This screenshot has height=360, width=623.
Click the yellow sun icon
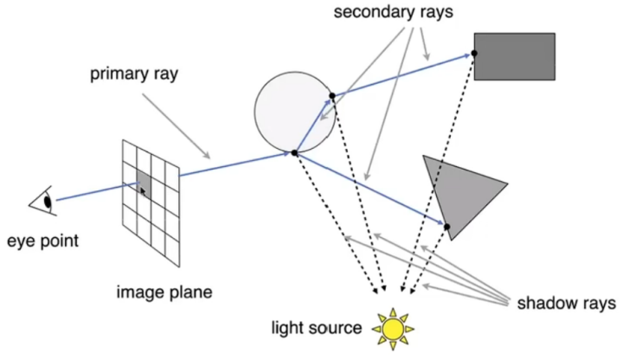pyautogui.click(x=393, y=329)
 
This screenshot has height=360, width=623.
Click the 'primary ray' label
pyautogui.click(x=134, y=74)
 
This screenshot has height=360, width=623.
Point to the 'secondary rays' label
pyautogui.click(x=394, y=12)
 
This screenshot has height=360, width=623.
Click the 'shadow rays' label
pyautogui.click(x=567, y=303)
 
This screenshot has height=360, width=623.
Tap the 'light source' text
pyautogui.click(x=317, y=328)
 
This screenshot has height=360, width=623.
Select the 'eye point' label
pyautogui.click(x=43, y=241)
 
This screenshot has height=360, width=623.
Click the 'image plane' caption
pyautogui.click(x=164, y=292)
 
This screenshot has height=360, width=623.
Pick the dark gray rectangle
pyautogui.click(x=515, y=56)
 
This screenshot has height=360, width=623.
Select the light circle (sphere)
pyautogui.click(x=295, y=112)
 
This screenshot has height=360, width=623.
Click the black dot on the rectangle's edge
pyautogui.click(x=474, y=54)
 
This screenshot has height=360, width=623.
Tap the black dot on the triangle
pyautogui.click(x=447, y=227)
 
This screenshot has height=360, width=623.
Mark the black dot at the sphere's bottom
pyautogui.click(x=294, y=152)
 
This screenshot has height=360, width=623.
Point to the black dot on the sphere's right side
pyautogui.click(x=332, y=96)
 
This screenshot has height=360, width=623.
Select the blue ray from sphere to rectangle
pyautogui.click(x=403, y=74)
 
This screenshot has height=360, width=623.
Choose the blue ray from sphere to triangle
pyautogui.click(x=370, y=190)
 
